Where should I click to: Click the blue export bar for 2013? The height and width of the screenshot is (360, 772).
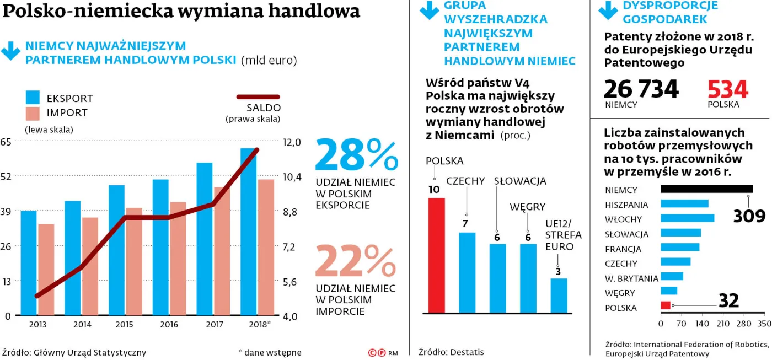tap(29, 263)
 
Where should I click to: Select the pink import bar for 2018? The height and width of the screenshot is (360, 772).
tap(266, 248)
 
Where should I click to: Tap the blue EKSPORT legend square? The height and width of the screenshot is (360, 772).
tap(33, 98)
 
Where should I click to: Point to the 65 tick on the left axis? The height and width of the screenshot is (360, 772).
tap(7, 142)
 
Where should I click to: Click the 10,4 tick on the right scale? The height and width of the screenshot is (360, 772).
tap(292, 177)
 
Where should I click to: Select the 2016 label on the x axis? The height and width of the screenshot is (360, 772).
tap(169, 325)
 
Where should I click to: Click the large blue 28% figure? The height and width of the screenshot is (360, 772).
tap(356, 156)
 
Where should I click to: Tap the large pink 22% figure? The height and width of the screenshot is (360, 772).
tap(356, 262)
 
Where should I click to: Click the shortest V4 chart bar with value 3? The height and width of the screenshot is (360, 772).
tap(559, 295)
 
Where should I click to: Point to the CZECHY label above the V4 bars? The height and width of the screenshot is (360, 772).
tap(465, 181)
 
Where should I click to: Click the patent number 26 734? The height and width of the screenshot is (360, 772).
tap(641, 89)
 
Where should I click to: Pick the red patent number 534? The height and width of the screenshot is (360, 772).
tap(728, 89)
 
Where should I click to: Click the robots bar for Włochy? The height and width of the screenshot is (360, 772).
tap(687, 218)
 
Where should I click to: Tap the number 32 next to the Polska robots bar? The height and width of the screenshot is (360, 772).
tap(728, 301)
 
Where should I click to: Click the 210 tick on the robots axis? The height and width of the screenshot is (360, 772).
tap(723, 324)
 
